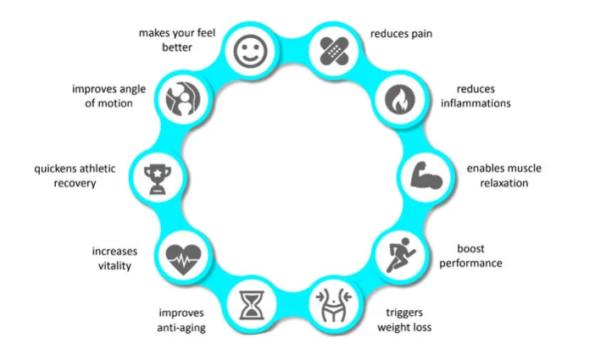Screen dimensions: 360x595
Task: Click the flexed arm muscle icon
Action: pos(423,175)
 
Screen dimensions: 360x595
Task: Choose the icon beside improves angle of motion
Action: pos(181,100)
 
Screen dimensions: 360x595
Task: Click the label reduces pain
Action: pos(402,35)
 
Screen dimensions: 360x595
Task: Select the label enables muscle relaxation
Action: pos(503,175)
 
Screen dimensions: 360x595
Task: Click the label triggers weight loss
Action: pos(405,319)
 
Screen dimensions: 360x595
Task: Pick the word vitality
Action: pos(114,265)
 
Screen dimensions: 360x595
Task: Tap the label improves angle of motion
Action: pos(102,96)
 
